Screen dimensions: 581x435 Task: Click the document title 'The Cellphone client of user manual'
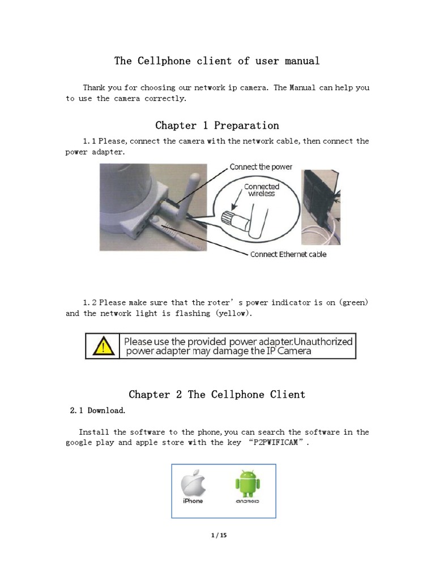(217, 61)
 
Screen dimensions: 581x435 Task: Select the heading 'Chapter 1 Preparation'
(217, 125)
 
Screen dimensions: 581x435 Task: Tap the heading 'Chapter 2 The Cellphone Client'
(217, 394)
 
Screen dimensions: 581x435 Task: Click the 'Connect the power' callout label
(261, 167)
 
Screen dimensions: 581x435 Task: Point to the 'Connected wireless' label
(261, 190)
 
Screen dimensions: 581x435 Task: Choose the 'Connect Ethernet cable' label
(288, 254)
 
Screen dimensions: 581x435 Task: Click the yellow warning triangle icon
(104, 346)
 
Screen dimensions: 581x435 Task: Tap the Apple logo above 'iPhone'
(193, 483)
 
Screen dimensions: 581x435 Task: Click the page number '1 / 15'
(217, 534)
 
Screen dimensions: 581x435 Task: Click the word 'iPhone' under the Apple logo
(193, 502)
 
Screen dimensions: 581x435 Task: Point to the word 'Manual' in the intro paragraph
(303, 88)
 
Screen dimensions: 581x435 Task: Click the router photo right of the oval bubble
(321, 207)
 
